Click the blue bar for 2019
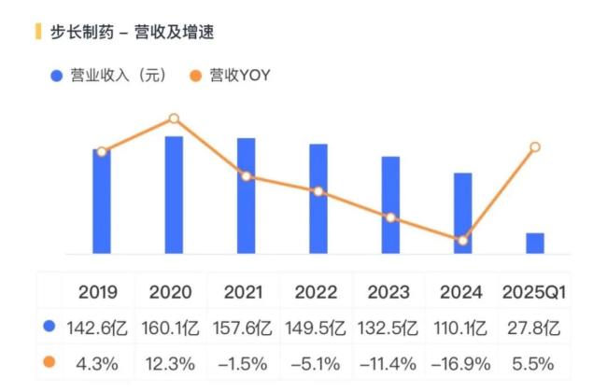[x=102, y=201]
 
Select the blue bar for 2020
[x=174, y=194]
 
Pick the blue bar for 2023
[x=390, y=204]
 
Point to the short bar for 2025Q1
[x=535, y=243]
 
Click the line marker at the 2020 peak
[x=174, y=119]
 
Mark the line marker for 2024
[x=462, y=240]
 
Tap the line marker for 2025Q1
[x=535, y=147]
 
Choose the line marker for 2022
[x=318, y=191]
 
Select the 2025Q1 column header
[x=534, y=292]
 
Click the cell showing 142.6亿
[x=98, y=328]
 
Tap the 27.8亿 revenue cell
[x=534, y=328]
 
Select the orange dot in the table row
[x=49, y=362]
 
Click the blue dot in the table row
[x=49, y=328]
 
